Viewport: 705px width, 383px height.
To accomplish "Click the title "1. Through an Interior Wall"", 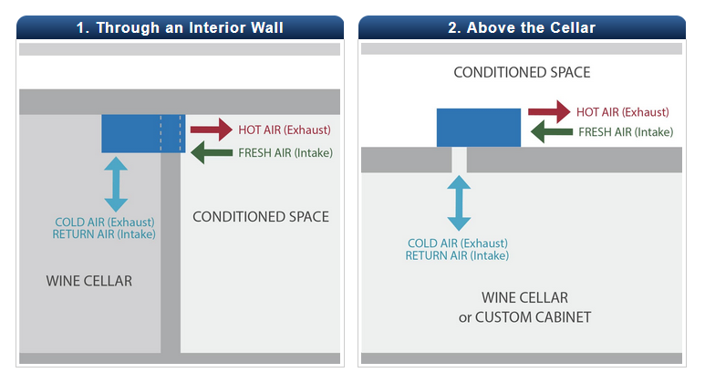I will (180, 27).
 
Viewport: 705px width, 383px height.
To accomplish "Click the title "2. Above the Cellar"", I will (522, 27).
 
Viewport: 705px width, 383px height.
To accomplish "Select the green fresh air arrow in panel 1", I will (212, 152).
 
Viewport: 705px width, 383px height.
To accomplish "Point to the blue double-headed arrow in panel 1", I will (116, 185).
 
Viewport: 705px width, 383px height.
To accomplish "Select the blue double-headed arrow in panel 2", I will (459, 202).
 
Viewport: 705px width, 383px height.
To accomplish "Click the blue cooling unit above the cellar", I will (479, 128).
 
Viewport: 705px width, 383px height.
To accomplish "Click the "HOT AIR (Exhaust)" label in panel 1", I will (285, 129).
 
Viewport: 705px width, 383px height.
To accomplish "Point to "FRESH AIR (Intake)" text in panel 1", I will (285, 152).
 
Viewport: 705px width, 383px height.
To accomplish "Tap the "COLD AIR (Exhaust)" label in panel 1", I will (105, 222).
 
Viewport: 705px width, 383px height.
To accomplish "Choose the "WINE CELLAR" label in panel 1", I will (89, 281).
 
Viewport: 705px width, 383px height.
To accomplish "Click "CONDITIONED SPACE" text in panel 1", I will (261, 217).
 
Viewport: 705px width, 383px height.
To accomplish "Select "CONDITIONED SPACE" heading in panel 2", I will (522, 72).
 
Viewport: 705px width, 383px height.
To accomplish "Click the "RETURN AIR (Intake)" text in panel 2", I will (457, 256).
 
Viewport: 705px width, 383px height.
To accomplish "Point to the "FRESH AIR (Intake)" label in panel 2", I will (626, 132).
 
